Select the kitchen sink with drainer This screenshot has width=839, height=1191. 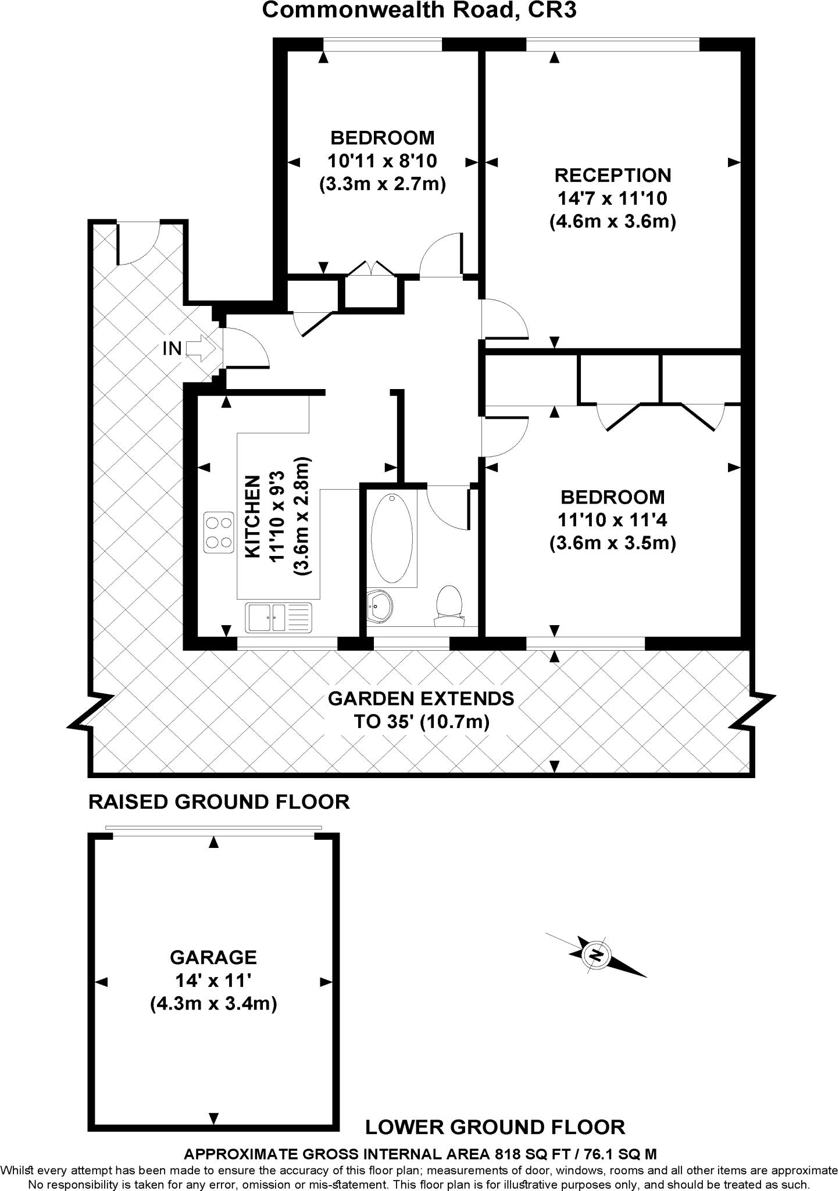(x=279, y=618)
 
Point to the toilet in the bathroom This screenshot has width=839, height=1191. (x=448, y=605)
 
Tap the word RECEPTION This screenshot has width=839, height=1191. (x=612, y=175)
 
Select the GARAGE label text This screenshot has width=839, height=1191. (x=213, y=957)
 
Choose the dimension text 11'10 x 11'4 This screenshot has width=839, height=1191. (x=612, y=519)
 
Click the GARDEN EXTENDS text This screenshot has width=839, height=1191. (x=421, y=698)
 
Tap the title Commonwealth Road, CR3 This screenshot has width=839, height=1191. (x=419, y=10)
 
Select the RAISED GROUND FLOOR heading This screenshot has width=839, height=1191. (x=219, y=802)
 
